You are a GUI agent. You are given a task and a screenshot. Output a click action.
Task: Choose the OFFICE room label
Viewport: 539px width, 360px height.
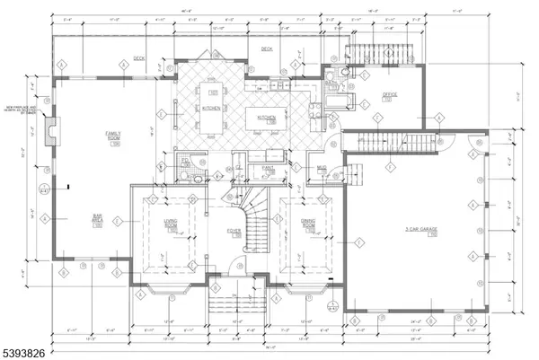coord(389,94)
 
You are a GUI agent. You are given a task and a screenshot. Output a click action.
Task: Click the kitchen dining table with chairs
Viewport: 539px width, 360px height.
coord(214,104)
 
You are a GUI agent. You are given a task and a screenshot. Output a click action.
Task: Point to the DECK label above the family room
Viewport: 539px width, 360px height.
coord(139,58)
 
